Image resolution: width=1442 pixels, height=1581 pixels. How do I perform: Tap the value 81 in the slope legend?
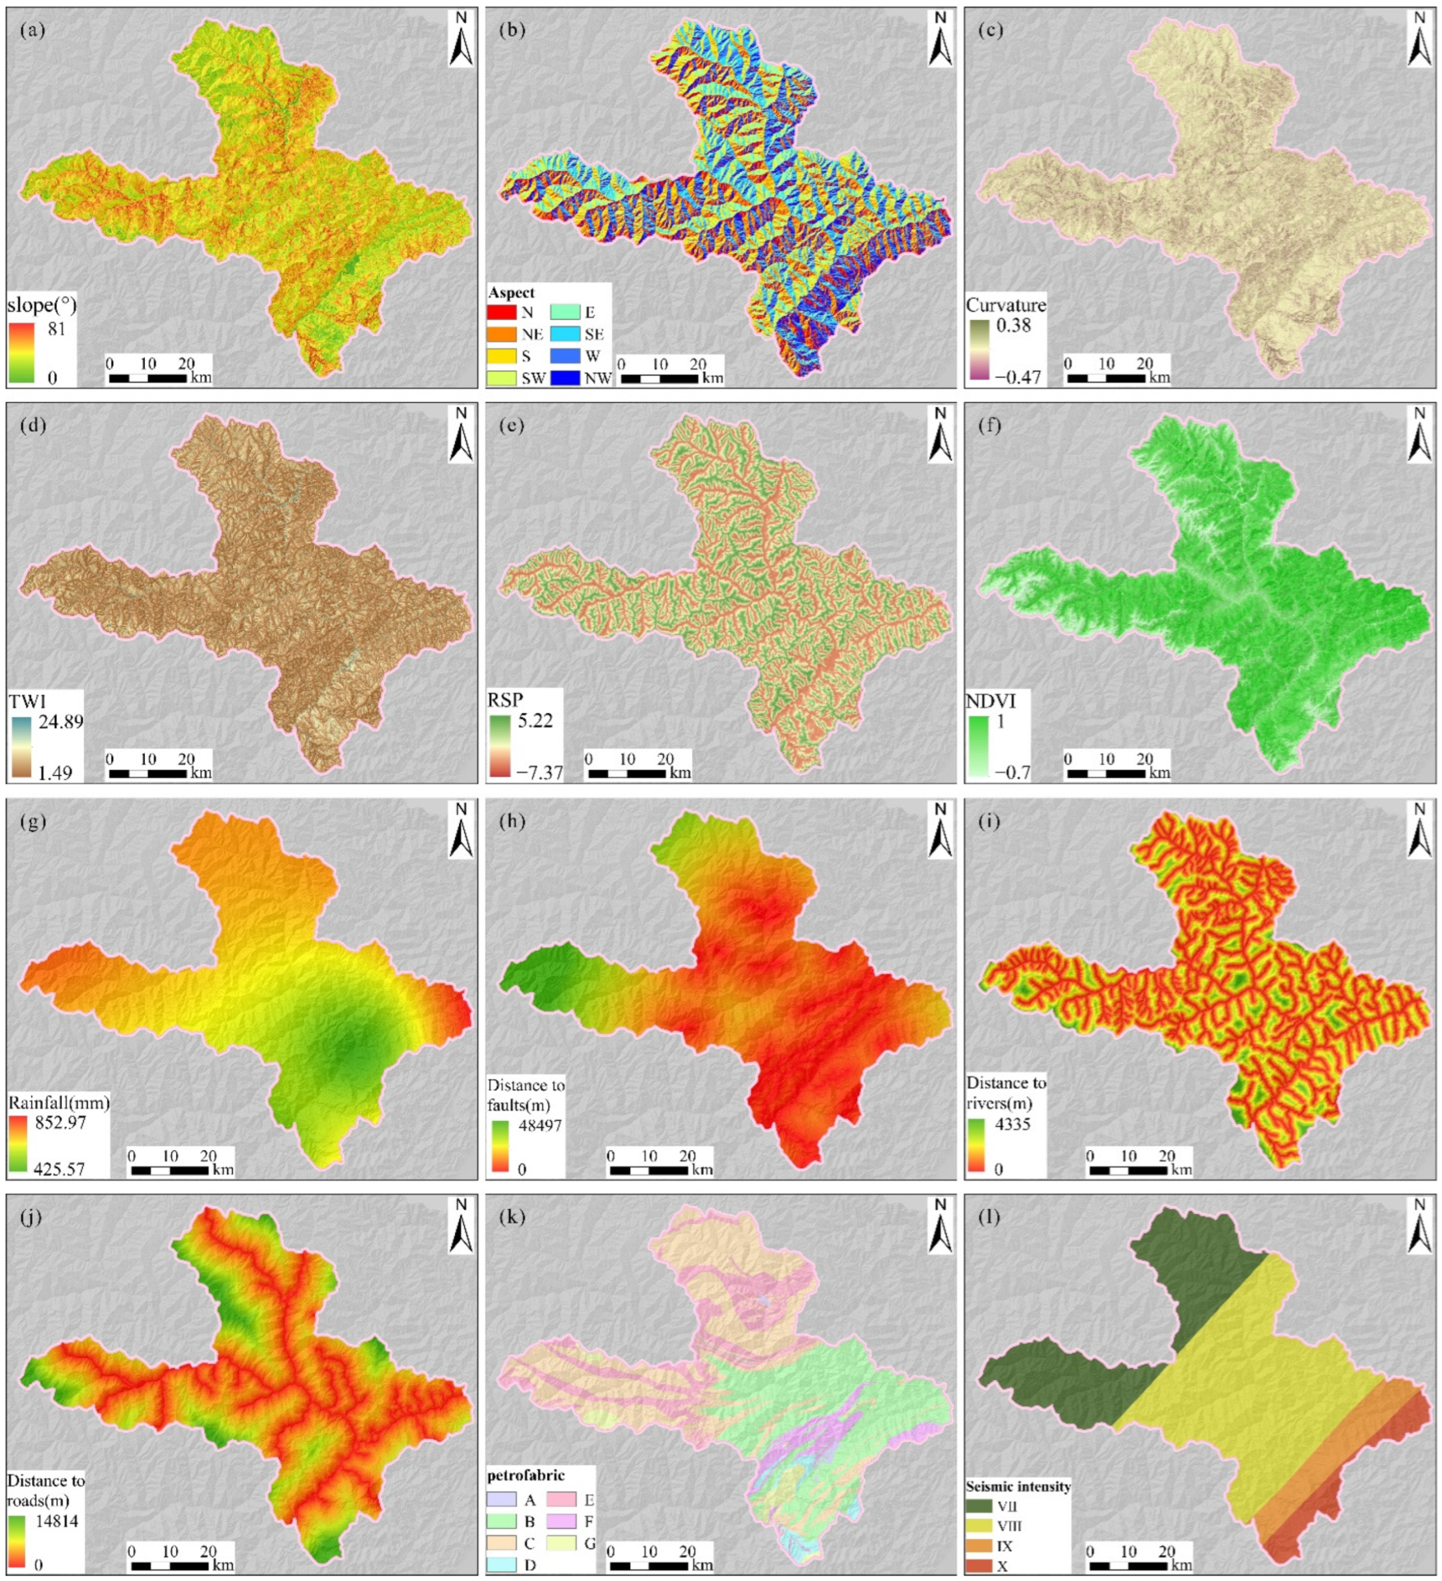pos(57,328)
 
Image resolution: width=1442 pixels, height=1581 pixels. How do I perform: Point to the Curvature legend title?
pos(1005,305)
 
